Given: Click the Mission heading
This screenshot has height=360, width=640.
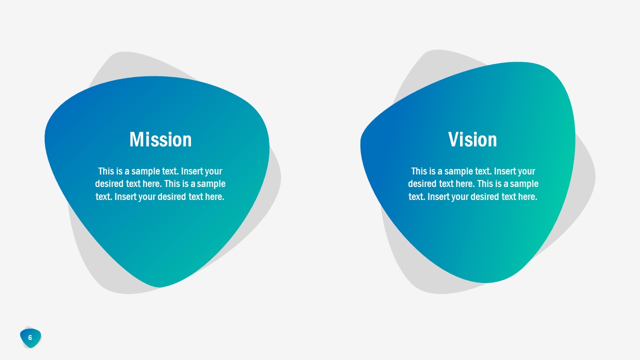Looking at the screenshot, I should point(160,139).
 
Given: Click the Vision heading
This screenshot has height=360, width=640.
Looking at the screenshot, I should point(472,139).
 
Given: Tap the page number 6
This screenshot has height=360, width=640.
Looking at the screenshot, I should point(30,337).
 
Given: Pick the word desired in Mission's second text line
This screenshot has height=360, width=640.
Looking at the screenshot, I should point(106,183).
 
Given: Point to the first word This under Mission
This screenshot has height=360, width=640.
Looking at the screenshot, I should point(106,171).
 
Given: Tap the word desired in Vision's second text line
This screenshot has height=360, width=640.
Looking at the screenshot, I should point(419,183).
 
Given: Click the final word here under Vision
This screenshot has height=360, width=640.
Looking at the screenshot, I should point(527,196).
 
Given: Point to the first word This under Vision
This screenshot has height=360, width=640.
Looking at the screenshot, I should point(419,171).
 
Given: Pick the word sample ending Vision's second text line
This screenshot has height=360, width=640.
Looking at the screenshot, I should point(524,183).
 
